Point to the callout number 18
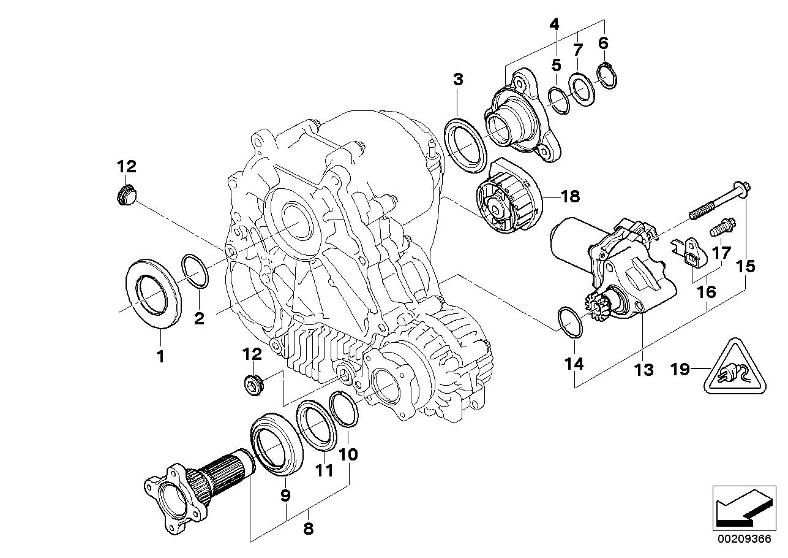(x=569, y=196)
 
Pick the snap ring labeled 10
(x=345, y=409)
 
